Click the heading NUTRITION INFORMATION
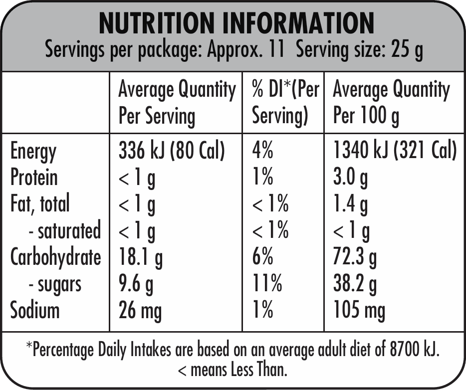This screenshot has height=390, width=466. pos(236,23)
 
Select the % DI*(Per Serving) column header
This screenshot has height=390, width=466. pos(285,103)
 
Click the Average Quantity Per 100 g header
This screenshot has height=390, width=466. pos(391,103)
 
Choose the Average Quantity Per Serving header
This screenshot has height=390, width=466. pos(177,103)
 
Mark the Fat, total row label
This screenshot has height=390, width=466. pos(40,204)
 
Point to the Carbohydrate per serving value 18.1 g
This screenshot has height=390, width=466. pos(140,257)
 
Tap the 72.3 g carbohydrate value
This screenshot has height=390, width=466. pos(354,257)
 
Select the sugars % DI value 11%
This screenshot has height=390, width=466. pos(267,284)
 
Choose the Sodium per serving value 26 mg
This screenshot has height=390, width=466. pos(140,310)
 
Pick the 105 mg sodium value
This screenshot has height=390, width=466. pos(359,310)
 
